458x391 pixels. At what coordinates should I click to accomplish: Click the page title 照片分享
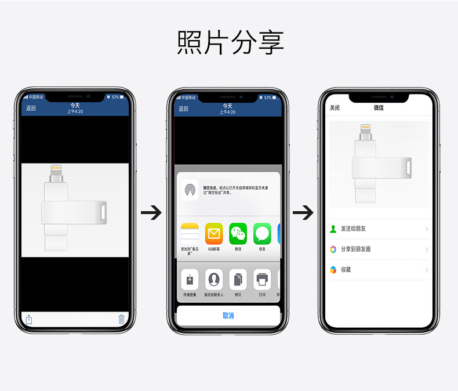[x=230, y=42]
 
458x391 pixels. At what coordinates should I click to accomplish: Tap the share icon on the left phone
[x=29, y=319]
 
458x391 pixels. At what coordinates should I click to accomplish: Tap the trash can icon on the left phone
[x=121, y=319]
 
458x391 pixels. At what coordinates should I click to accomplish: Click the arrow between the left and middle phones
[x=151, y=213]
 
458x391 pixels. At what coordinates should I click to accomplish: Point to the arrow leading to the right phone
[x=303, y=213]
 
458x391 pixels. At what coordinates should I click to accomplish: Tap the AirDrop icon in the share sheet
[x=190, y=190]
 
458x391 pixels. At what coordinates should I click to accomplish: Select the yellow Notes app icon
[x=190, y=233]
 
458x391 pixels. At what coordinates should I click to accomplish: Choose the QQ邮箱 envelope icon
[x=214, y=233]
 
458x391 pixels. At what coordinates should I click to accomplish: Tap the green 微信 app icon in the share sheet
[x=238, y=233]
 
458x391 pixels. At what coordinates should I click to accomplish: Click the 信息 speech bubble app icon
[x=262, y=233]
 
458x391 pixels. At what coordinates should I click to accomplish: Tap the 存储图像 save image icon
[x=190, y=280]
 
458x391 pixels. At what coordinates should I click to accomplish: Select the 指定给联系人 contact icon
[x=214, y=280]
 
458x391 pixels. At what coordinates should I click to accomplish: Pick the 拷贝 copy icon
[x=238, y=280]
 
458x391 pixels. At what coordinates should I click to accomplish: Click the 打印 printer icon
[x=262, y=280]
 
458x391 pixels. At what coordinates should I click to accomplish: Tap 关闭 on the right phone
[x=335, y=108]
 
